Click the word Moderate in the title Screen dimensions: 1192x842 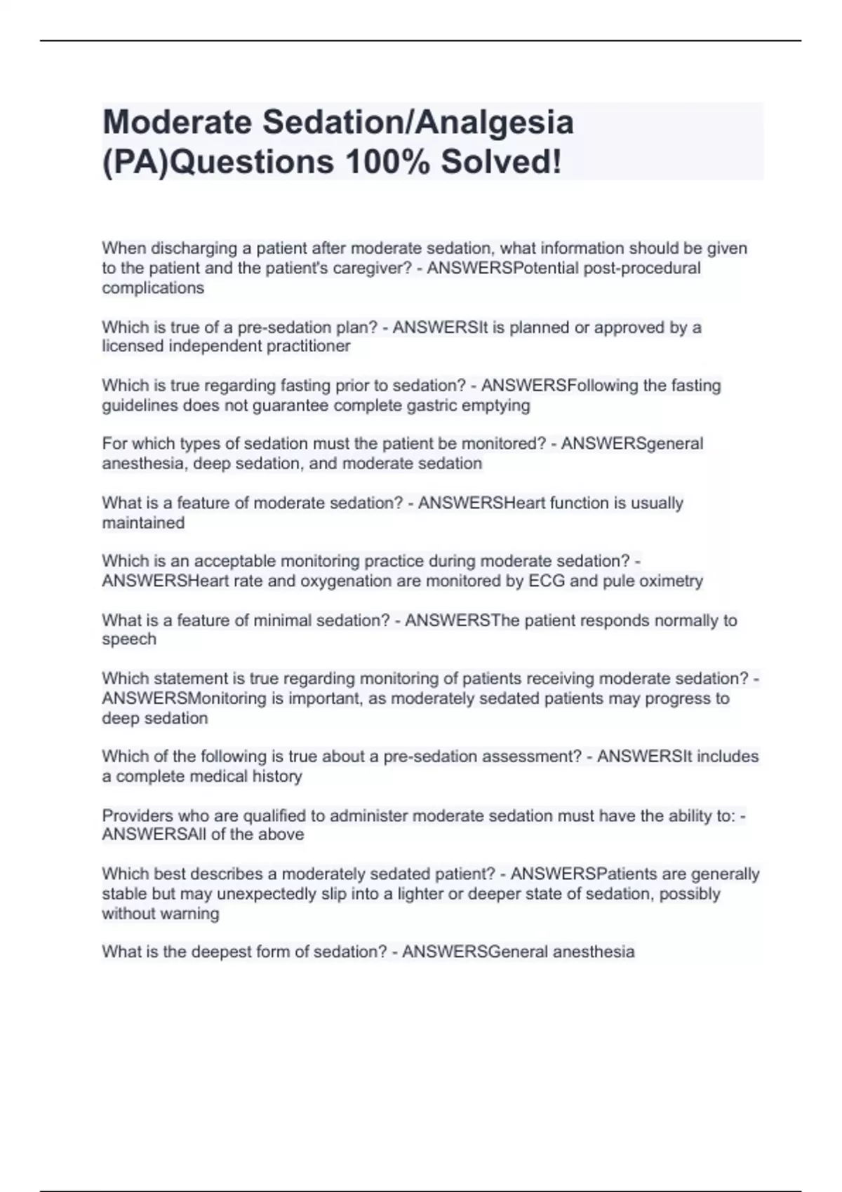[178, 122]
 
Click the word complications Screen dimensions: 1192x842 [153, 288]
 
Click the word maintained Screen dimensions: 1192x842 [143, 523]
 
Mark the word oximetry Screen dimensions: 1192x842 [670, 581]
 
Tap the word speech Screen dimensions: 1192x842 [129, 639]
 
